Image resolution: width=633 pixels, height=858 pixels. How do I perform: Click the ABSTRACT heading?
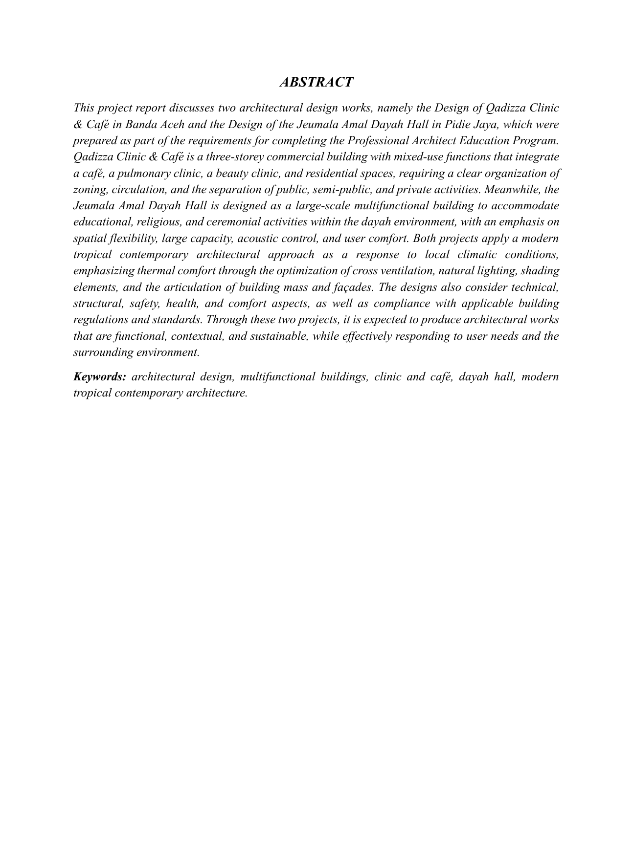[316, 82]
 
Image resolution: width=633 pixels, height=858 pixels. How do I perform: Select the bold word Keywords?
[100, 376]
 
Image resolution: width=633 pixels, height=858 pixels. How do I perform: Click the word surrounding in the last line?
[101, 352]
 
